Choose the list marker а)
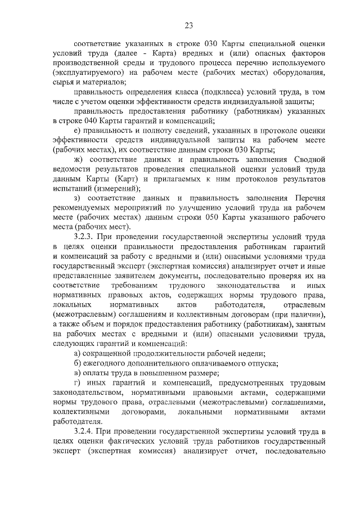point(78,353)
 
